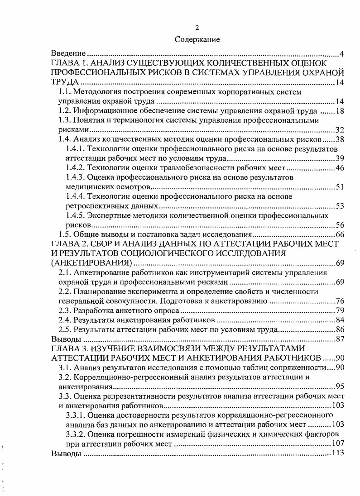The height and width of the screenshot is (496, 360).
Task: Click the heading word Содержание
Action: [197, 40]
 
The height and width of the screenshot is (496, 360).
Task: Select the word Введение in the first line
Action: [68, 54]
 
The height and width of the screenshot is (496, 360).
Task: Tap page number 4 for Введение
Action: [342, 55]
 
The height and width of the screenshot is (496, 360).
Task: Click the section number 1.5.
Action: [66, 234]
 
